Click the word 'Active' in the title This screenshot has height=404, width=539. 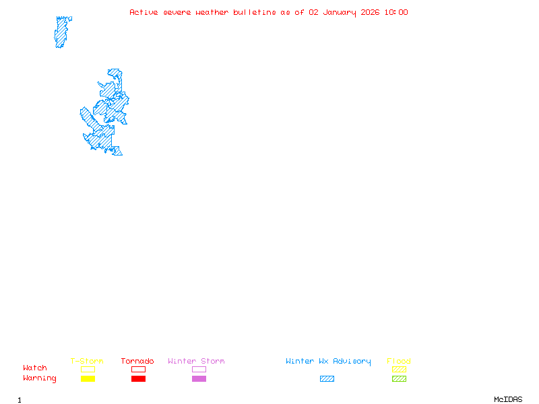click(144, 12)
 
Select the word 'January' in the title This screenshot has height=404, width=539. click(338, 12)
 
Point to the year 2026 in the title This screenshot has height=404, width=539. click(371, 12)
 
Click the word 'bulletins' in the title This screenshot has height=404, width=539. click(255, 12)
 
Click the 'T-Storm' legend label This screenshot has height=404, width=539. click(87, 362)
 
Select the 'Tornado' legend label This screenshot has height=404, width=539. click(137, 362)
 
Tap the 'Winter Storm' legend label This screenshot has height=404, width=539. click(196, 362)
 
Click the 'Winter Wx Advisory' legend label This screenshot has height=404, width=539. click(328, 362)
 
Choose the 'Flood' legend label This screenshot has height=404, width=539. click(399, 362)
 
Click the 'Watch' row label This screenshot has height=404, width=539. click(35, 368)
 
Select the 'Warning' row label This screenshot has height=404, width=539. click(40, 378)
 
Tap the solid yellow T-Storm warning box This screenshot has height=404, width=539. click(88, 379)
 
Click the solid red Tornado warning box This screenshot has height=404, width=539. click(138, 379)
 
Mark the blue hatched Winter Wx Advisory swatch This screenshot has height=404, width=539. click(327, 379)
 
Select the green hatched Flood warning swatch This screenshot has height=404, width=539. click(399, 379)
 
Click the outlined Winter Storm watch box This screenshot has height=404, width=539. click(199, 370)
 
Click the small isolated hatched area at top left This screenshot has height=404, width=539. click(63, 31)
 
